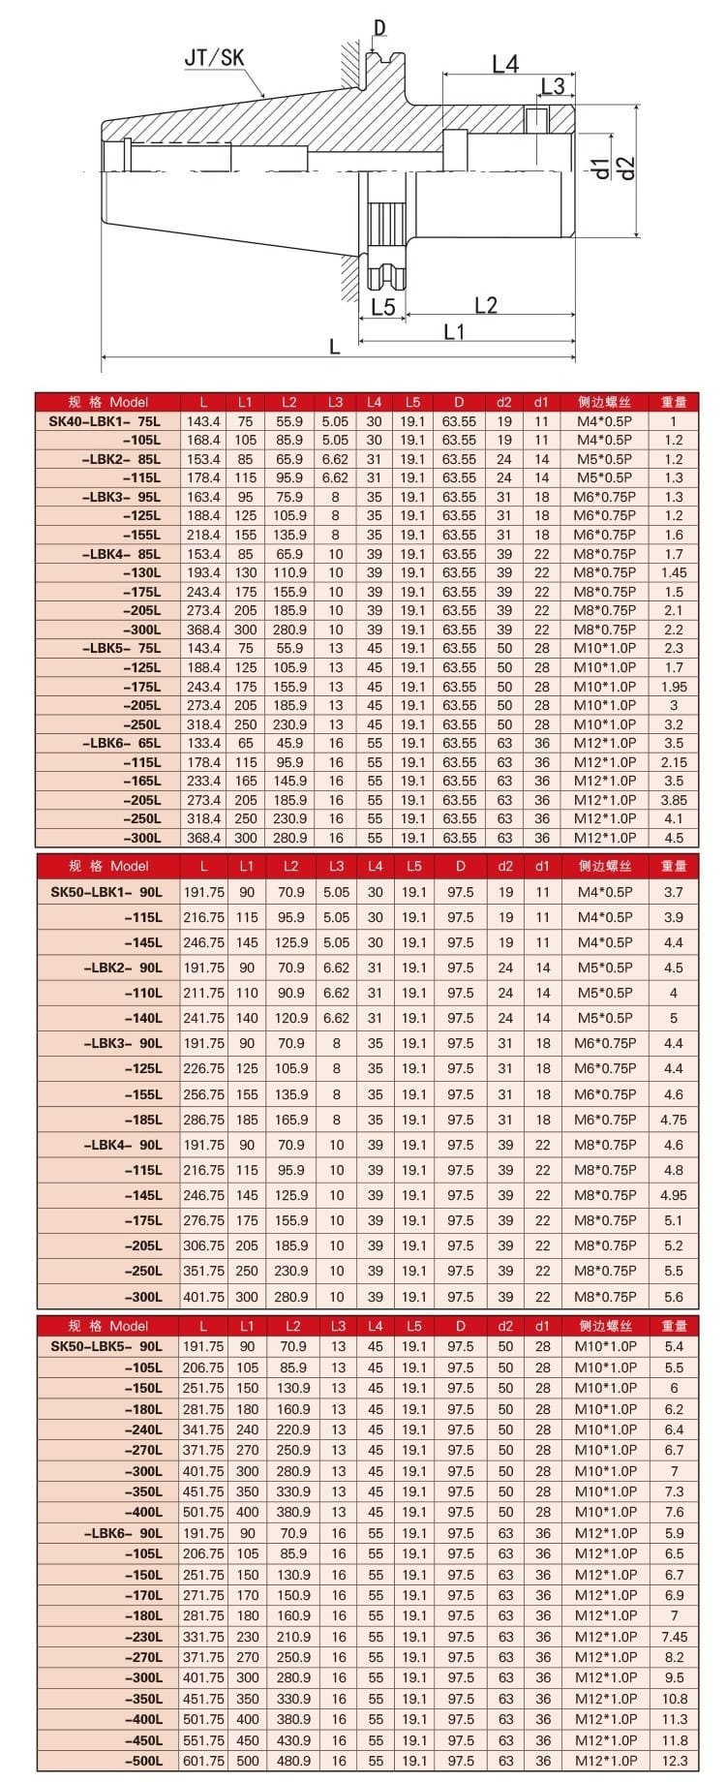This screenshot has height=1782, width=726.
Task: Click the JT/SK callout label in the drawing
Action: [215, 57]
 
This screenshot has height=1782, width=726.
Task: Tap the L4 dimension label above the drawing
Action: [505, 64]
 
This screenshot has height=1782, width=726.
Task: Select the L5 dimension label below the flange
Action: [383, 307]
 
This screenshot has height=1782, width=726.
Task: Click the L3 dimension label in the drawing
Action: [553, 86]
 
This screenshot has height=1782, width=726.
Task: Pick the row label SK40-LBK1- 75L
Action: [106, 421]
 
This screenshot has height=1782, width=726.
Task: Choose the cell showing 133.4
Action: [203, 743]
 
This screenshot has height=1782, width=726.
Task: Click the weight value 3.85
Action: [674, 800]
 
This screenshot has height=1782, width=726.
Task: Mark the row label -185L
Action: [142, 1120]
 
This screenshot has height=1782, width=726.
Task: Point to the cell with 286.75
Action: [203, 1120]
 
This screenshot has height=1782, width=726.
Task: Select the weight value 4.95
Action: [674, 1195]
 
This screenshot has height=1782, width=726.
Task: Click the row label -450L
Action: [142, 1739]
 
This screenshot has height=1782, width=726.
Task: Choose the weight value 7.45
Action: [674, 1636]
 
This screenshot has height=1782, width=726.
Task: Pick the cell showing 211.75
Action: [203, 993]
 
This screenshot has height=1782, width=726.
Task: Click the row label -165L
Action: [142, 781]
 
